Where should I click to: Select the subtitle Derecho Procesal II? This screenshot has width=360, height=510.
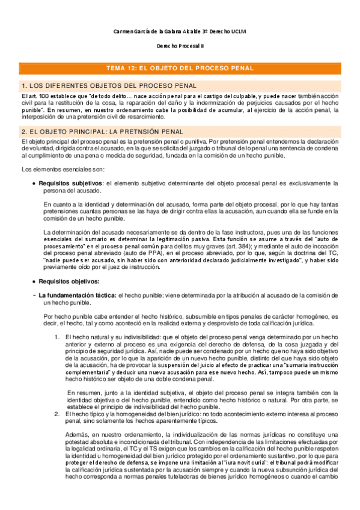(x=180, y=46)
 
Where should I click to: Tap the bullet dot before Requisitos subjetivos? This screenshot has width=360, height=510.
(x=33, y=183)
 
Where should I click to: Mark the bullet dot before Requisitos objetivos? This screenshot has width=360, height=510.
(x=33, y=281)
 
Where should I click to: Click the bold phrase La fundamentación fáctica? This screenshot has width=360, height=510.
(x=78, y=296)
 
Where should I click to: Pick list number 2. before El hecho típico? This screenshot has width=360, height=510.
(x=56, y=415)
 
